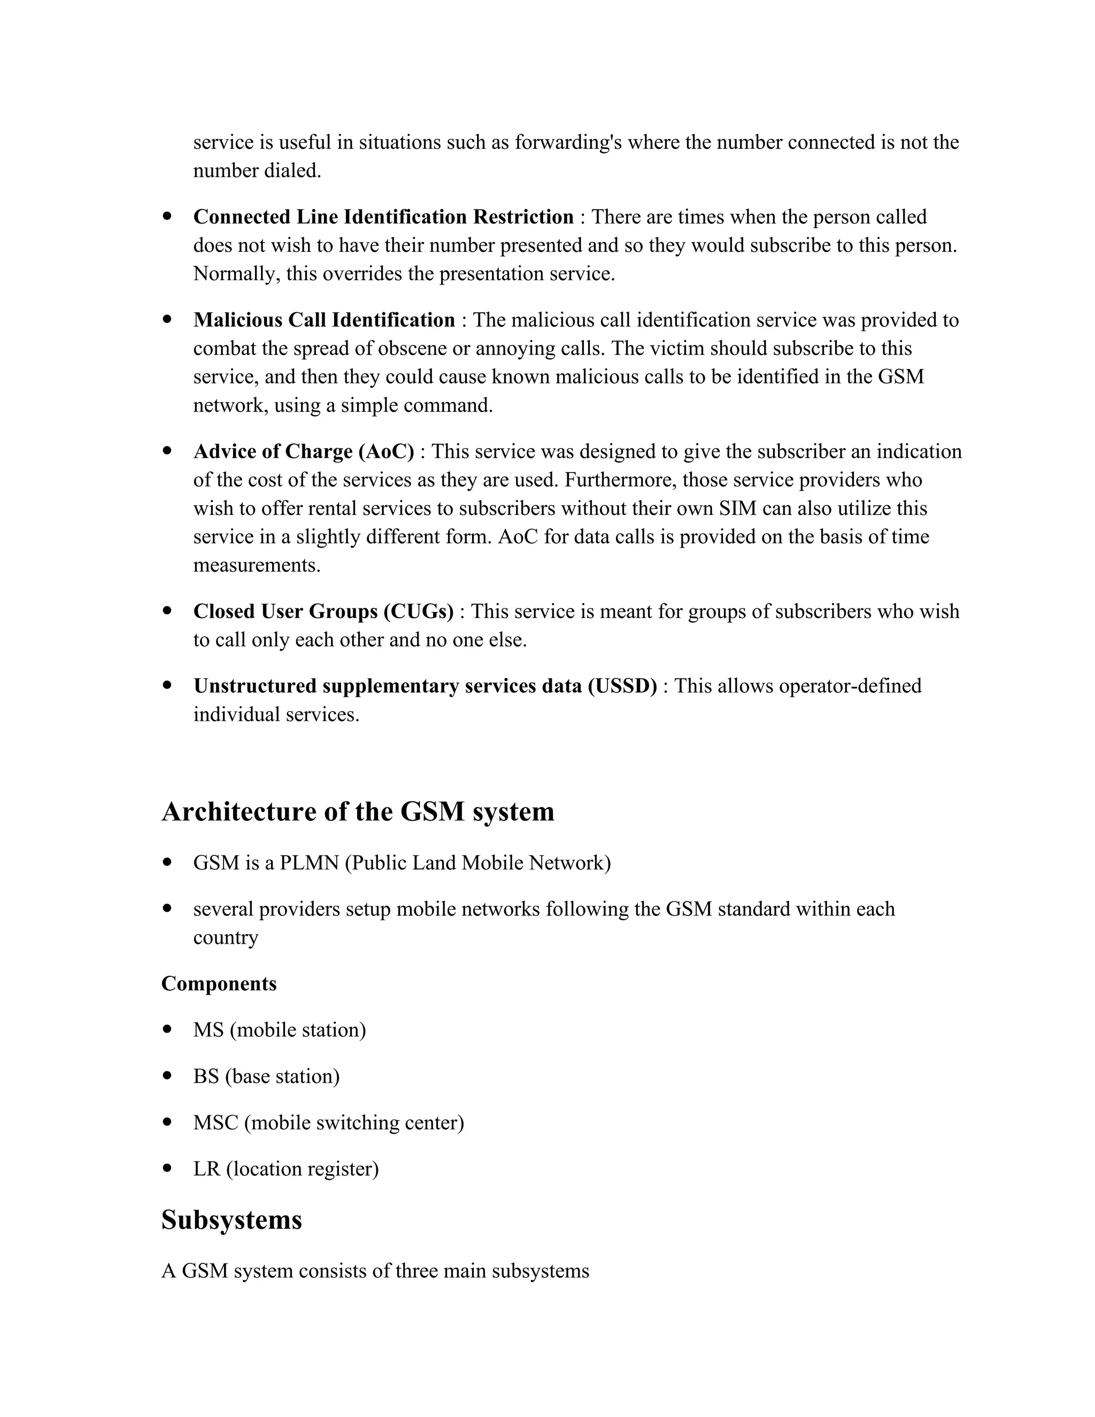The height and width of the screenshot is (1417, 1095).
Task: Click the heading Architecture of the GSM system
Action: pyautogui.click(x=358, y=812)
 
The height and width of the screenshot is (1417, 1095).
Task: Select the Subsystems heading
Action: pyautogui.click(x=232, y=1220)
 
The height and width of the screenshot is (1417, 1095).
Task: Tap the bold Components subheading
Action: pyautogui.click(x=219, y=983)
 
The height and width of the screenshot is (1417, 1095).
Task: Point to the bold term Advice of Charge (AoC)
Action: pyautogui.click(x=304, y=452)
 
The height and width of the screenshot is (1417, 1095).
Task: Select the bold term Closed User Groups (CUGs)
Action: pyautogui.click(x=323, y=611)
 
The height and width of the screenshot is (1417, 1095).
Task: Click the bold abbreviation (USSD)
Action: pyautogui.click(x=622, y=686)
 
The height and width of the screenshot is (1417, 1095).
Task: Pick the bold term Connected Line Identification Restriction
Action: pyautogui.click(x=383, y=217)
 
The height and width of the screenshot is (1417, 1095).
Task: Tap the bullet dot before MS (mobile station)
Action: pyautogui.click(x=168, y=1029)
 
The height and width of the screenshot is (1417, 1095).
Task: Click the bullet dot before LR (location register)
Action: pyautogui.click(x=168, y=1168)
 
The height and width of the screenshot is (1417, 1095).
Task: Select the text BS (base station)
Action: pyautogui.click(x=266, y=1076)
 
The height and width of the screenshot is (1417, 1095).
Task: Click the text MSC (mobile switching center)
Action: pyautogui.click(x=328, y=1122)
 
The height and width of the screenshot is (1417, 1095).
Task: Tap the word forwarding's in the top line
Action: pyautogui.click(x=568, y=142)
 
